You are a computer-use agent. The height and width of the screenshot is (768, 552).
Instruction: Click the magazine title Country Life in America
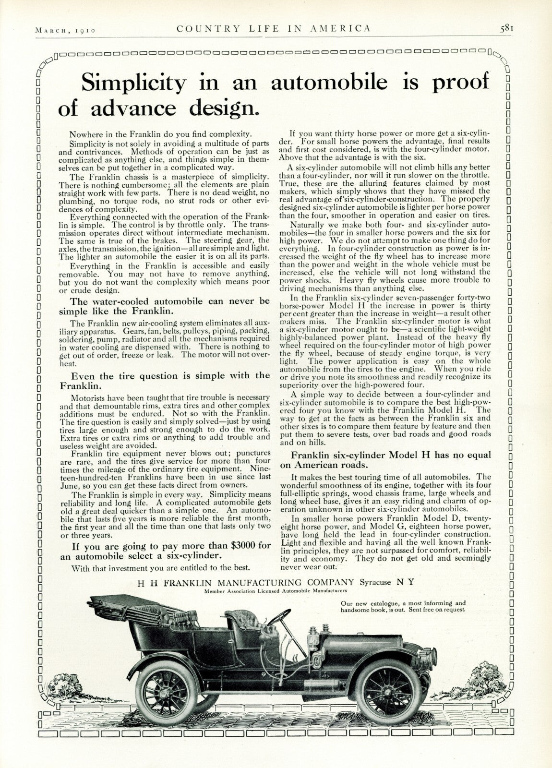tap(274, 28)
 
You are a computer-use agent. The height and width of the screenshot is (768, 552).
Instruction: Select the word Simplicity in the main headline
tap(133, 83)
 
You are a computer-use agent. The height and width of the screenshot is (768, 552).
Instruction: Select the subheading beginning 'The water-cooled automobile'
tap(170, 306)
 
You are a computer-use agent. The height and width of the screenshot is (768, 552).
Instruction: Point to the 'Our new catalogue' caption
tap(403, 606)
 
